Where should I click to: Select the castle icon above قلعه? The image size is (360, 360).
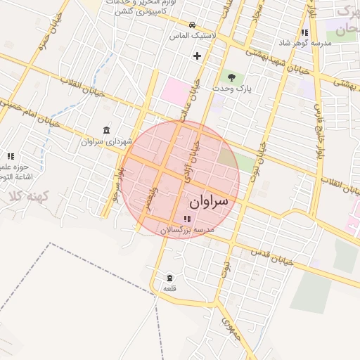pyautogui.click(x=169, y=278)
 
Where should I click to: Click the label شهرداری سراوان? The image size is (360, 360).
pyautogui.click(x=101, y=141)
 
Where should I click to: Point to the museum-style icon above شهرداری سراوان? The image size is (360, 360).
pyautogui.click(x=106, y=131)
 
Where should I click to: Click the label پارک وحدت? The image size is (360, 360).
pyautogui.click(x=243, y=89)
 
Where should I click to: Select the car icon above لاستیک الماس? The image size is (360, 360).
pyautogui.click(x=191, y=23)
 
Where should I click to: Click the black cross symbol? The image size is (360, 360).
pyautogui.click(x=197, y=55)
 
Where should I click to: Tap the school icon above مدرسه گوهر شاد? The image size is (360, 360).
pyautogui.click(x=304, y=32)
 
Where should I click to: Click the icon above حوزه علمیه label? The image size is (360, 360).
pyautogui.click(x=11, y=156)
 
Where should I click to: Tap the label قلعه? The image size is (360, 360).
pyautogui.click(x=169, y=289)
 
